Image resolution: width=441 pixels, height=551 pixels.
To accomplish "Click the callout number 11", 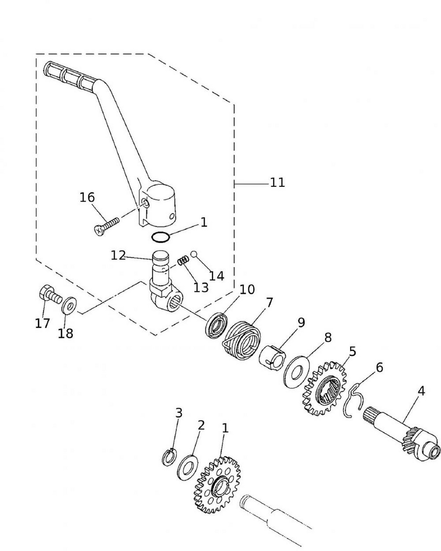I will (x=277, y=182).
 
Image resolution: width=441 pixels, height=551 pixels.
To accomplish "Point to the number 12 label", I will (x=118, y=256).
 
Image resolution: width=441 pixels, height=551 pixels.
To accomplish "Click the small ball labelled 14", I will (x=194, y=254).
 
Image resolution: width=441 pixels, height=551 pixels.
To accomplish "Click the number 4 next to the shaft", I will (x=421, y=391).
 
